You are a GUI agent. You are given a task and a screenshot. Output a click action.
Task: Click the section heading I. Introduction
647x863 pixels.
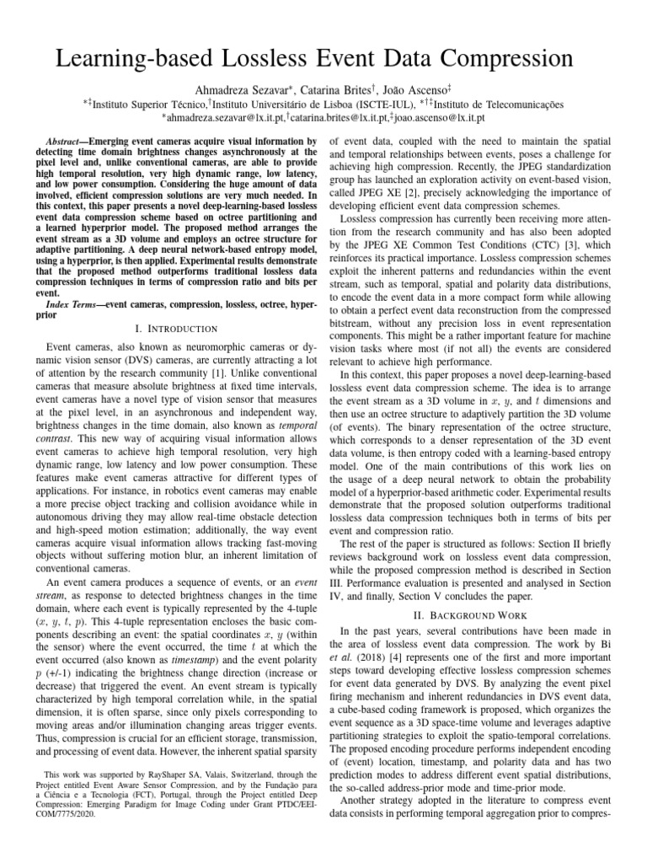(176, 328)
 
